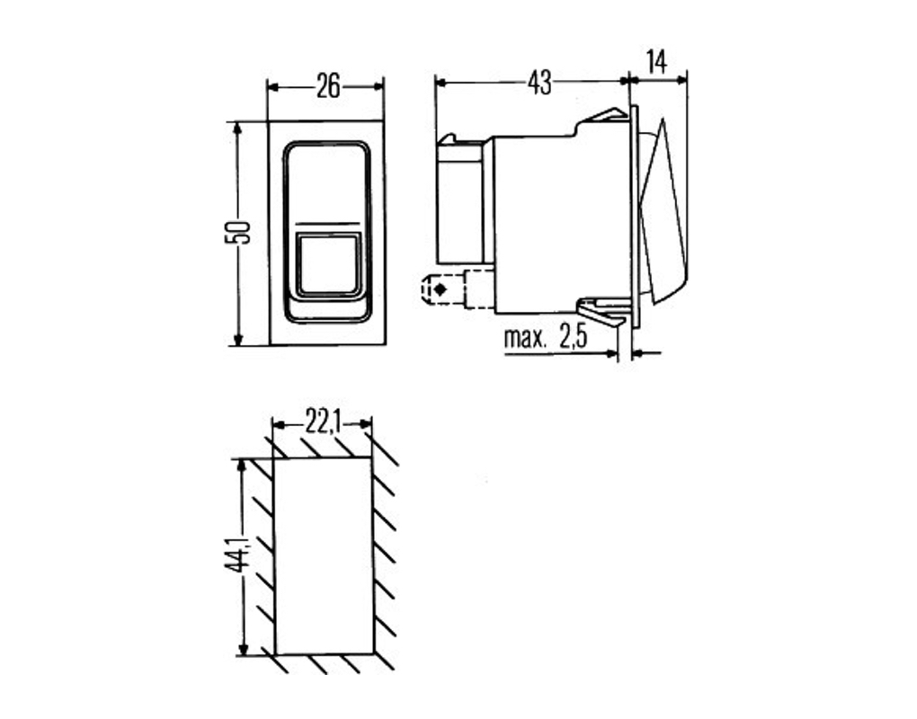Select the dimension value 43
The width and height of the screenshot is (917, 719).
pyautogui.click(x=539, y=84)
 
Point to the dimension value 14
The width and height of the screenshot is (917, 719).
pyautogui.click(x=657, y=62)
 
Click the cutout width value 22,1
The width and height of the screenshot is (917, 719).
pyautogui.click(x=322, y=422)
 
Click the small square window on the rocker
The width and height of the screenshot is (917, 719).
pyautogui.click(x=327, y=265)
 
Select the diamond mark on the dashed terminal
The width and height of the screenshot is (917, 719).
pyautogui.click(x=440, y=289)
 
